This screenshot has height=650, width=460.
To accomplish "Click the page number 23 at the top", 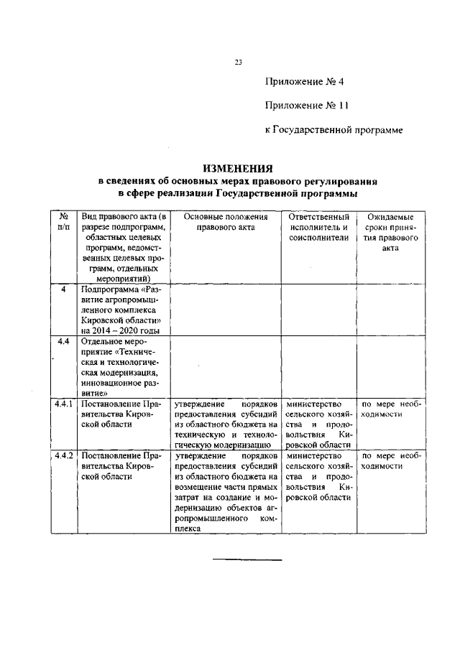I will [x=239, y=62].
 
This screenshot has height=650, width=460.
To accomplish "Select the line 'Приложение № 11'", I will [x=306, y=106].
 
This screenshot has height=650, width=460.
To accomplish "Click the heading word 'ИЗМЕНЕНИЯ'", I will [x=237, y=167].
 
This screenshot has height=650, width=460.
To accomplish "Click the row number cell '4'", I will [x=63, y=289].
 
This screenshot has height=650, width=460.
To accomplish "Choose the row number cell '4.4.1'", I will [x=64, y=404].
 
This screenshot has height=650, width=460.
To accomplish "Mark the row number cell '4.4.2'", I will [x=64, y=455].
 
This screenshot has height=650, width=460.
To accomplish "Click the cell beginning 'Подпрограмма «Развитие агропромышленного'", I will [x=120, y=309].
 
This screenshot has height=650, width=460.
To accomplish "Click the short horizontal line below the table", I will [x=247, y=560].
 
